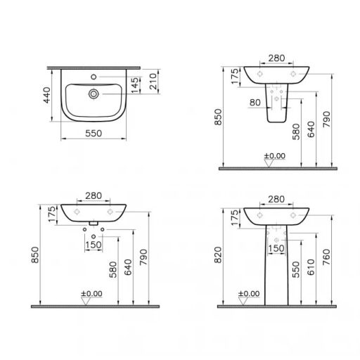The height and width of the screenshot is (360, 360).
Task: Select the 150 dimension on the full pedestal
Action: coord(276,248)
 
